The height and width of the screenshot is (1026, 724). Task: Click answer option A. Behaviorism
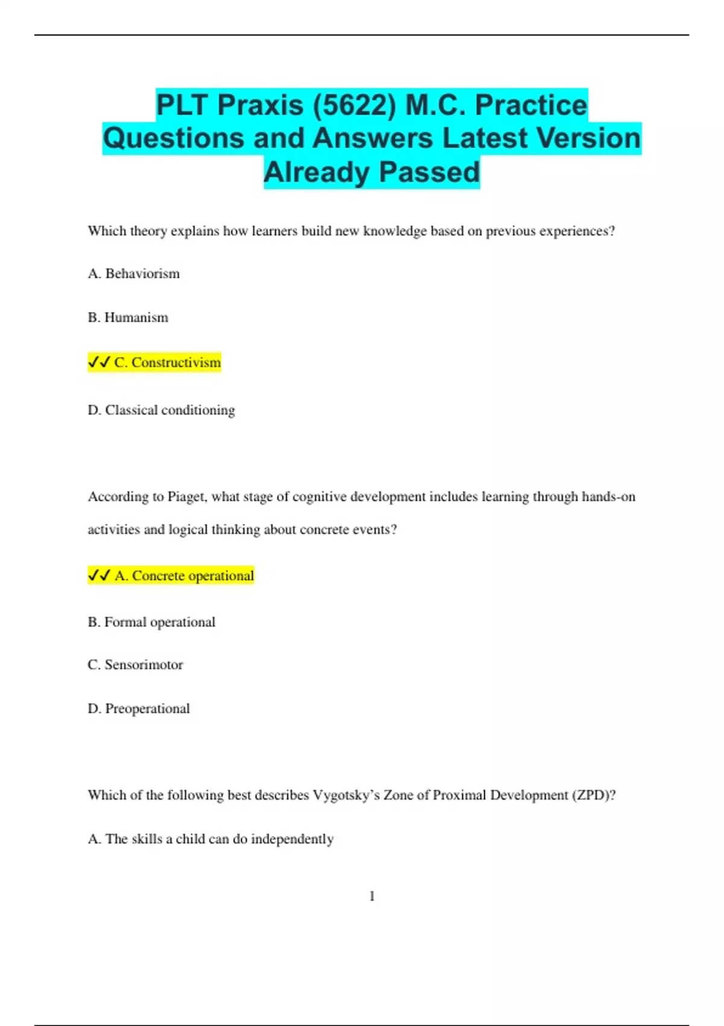point(134,273)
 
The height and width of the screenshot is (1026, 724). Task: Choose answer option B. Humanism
point(128,317)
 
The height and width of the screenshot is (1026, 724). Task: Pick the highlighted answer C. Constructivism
point(167,362)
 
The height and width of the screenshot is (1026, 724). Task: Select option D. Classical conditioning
point(161,410)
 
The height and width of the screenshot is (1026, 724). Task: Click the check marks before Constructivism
point(99,362)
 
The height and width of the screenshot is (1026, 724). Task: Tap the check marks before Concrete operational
point(99,575)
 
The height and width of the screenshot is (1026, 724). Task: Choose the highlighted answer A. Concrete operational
point(184,576)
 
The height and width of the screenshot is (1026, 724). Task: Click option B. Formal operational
point(151,622)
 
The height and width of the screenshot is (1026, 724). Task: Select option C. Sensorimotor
point(135,664)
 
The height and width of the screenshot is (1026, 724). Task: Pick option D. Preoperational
point(139,709)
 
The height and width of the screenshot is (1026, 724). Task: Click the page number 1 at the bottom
point(372,896)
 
